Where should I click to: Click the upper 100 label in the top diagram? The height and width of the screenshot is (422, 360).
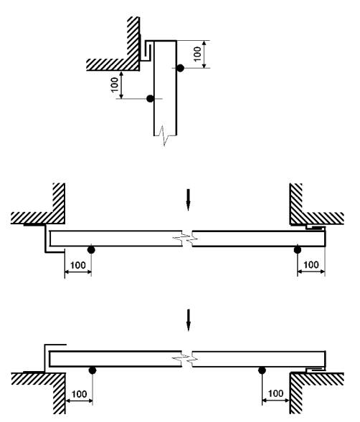pos(197,54)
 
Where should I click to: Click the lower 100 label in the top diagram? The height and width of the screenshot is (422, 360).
pos(115,85)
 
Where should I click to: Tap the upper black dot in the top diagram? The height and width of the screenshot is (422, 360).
pos(180,68)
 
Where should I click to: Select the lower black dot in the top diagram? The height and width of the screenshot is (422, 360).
pos(150,99)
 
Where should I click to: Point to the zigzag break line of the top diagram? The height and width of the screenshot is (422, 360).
pos(164,135)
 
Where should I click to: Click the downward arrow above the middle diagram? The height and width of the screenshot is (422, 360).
pos(189,200)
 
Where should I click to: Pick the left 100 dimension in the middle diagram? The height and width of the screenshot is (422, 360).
pos(78,265)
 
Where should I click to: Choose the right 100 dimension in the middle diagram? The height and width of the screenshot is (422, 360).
pos(311,265)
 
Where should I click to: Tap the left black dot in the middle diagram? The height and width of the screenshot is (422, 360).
pos(91,250)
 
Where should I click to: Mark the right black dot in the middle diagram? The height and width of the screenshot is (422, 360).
pos(297,250)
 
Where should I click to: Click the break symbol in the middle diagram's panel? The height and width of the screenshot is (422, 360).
pos(186,239)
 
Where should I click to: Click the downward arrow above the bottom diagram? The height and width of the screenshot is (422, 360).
pos(189,320)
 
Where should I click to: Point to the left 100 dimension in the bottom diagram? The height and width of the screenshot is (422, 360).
pos(79,394)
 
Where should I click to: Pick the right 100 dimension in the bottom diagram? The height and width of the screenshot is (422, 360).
pos(275,393)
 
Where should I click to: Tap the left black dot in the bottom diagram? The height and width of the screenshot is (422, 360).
pos(93,370)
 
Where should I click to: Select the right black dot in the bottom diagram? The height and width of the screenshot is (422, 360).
pos(262,370)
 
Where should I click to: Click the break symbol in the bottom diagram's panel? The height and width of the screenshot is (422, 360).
pos(186,359)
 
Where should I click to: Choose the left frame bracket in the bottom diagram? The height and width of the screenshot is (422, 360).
pos(44,358)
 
